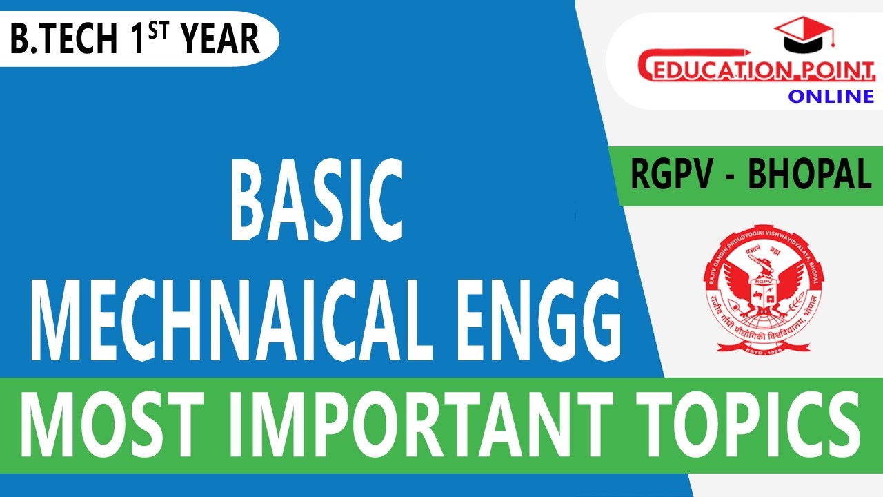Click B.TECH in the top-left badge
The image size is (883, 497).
click(63, 40)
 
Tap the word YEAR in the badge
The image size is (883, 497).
click(221, 40)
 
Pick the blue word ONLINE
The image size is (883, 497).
click(831, 96)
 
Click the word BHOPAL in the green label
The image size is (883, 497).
click(810, 175)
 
